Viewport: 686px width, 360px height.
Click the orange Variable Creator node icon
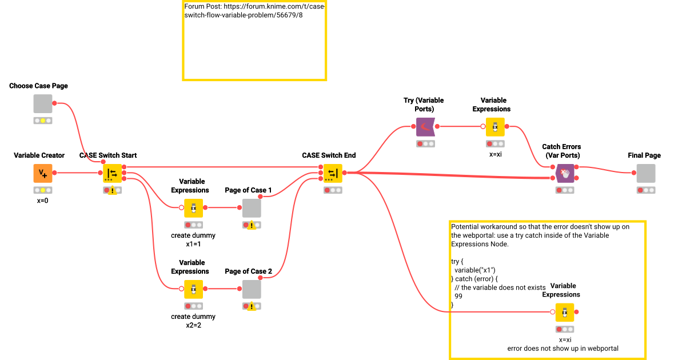click(x=43, y=173)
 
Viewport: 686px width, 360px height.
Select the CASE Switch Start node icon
click(x=112, y=173)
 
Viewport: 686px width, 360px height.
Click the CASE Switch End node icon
click(x=333, y=173)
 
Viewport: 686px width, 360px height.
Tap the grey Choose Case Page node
click(x=43, y=103)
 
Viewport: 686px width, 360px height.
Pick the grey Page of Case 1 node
click(x=252, y=208)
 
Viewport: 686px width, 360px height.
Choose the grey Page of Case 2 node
click(x=252, y=289)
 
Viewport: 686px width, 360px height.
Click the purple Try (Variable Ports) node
click(x=425, y=126)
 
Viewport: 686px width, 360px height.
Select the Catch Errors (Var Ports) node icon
click(x=565, y=173)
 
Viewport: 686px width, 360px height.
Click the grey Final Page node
click(x=646, y=173)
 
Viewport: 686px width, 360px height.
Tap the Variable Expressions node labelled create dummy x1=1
click(x=193, y=208)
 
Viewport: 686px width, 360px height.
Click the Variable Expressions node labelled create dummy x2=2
click(x=193, y=289)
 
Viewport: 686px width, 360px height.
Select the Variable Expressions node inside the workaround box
click(x=564, y=312)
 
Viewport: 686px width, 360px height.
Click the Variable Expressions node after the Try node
click(x=495, y=126)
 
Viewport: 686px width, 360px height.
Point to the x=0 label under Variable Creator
click(x=43, y=201)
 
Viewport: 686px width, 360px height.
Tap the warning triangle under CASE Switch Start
click(x=113, y=191)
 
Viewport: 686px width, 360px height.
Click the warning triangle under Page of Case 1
click(x=252, y=226)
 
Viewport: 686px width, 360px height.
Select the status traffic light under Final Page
click(x=646, y=190)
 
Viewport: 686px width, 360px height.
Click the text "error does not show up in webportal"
click(x=563, y=348)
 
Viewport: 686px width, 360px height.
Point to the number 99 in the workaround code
click(x=458, y=296)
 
